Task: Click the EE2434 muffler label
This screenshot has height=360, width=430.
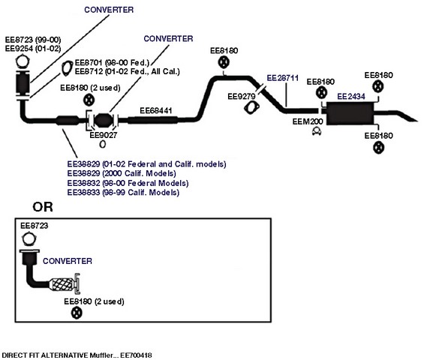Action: pyautogui.click(x=351, y=97)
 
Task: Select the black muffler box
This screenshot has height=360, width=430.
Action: pyautogui.click(x=350, y=114)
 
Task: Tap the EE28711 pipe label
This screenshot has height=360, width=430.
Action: pyautogui.click(x=282, y=78)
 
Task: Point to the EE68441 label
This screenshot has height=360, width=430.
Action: pyautogui.click(x=156, y=111)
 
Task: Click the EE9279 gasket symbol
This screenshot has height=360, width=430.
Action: pyautogui.click(x=251, y=107)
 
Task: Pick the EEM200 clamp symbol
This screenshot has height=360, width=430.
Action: pyautogui.click(x=317, y=131)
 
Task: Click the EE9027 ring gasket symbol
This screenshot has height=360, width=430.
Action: pyautogui.click(x=103, y=144)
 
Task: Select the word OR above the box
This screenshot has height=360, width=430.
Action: pyautogui.click(x=43, y=207)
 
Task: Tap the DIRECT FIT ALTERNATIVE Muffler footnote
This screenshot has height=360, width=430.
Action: pyautogui.click(x=77, y=355)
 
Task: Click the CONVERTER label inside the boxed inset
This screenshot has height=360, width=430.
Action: pyautogui.click(x=68, y=261)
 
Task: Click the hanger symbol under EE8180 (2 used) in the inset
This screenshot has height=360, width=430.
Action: pyautogui.click(x=77, y=313)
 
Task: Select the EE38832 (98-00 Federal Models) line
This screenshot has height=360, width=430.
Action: pyautogui.click(x=128, y=183)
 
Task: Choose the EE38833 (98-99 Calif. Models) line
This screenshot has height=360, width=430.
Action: pyautogui.click(x=123, y=192)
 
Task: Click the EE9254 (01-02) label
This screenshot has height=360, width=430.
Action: pyautogui.click(x=33, y=49)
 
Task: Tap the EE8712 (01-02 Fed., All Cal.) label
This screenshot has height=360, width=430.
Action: pyautogui.click(x=128, y=71)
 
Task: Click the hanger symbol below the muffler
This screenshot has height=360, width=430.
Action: pyautogui.click(x=378, y=148)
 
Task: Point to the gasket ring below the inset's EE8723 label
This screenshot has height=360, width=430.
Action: pyautogui.click(x=29, y=238)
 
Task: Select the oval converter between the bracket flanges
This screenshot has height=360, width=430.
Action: pyautogui.click(x=103, y=121)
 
